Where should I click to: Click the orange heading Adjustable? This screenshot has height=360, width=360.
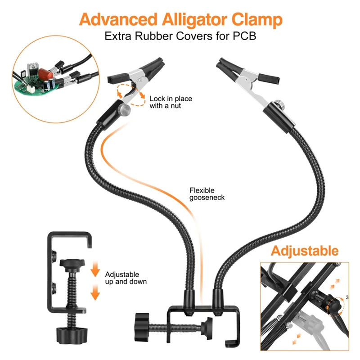(x=304, y=251)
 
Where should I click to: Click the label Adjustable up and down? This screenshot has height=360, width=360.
(x=126, y=278)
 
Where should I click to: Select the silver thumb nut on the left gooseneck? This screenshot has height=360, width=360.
(x=125, y=109)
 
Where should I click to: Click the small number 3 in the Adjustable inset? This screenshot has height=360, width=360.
(x=347, y=297)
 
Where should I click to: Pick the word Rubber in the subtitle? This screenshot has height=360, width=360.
(x=153, y=36)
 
